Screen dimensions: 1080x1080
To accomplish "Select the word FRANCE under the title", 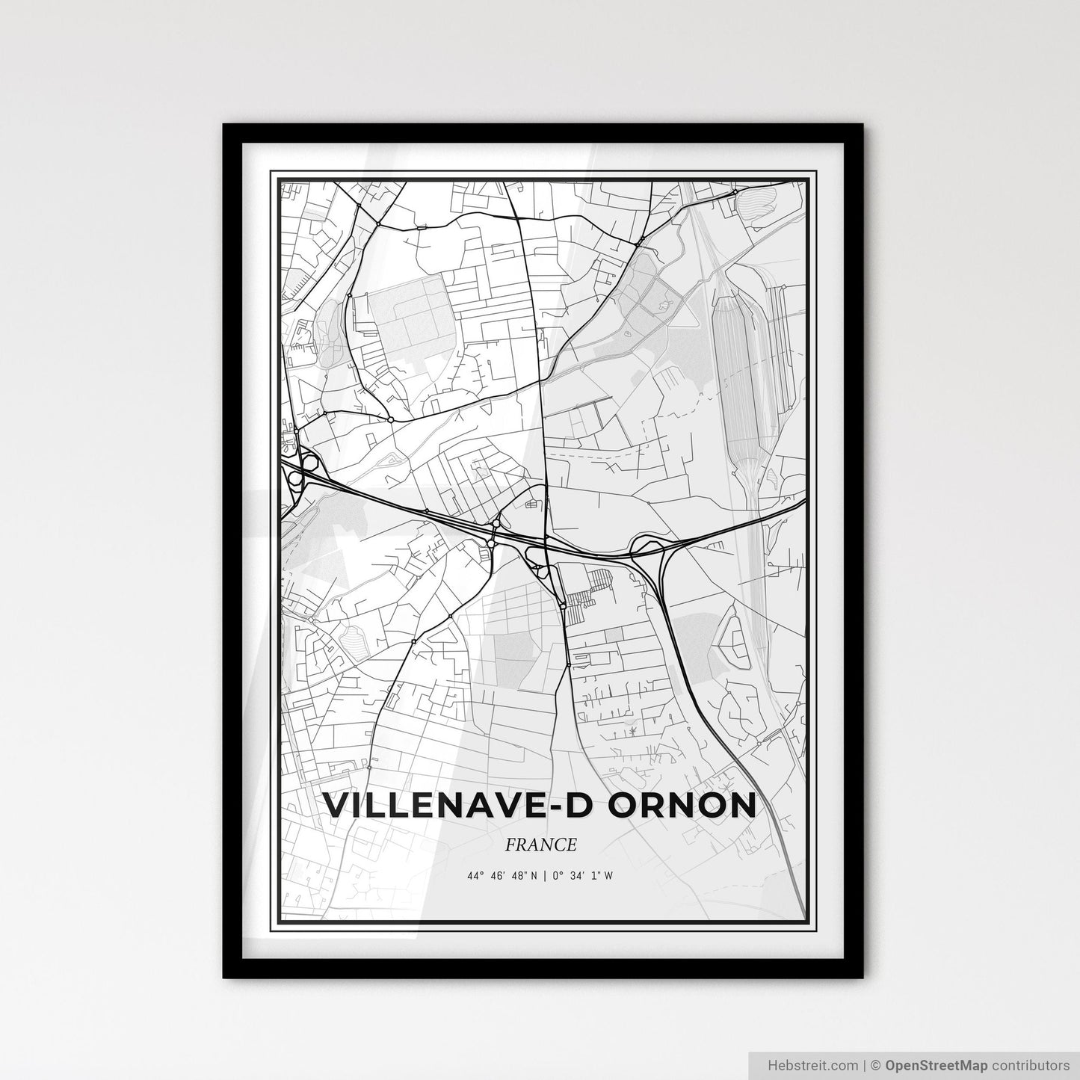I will [x=540, y=845].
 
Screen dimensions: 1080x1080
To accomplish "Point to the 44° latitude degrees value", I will [x=476, y=876].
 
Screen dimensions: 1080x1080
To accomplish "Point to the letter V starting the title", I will [x=336, y=806].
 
